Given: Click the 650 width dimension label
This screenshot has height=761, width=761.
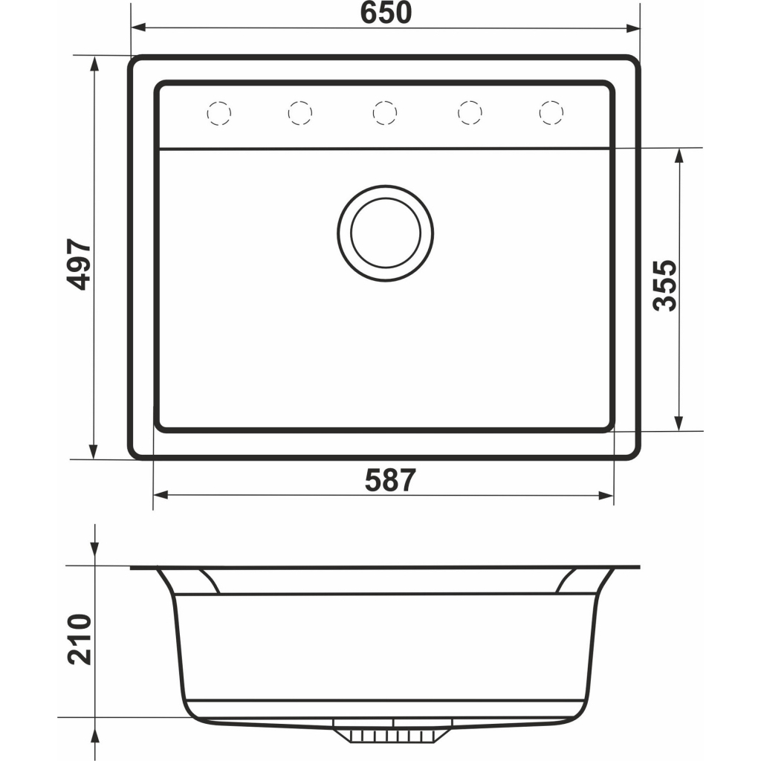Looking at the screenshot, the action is coord(386,13).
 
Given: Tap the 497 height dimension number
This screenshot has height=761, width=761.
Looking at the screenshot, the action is coord(79,264).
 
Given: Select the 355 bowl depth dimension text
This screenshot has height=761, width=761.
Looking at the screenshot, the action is coord(664,285).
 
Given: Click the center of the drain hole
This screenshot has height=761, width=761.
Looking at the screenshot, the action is coord(386,233).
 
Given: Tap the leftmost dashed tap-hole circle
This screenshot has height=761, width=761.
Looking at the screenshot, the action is coord(219,113).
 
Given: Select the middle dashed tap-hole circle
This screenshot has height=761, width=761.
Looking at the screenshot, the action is coord(385,113).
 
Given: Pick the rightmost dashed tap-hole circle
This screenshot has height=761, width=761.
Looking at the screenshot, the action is coord(551,113).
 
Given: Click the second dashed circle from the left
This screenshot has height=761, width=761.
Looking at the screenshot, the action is coord(300,113).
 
